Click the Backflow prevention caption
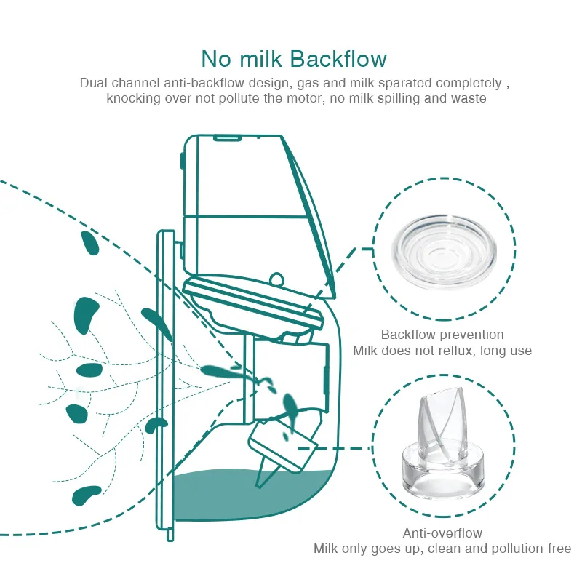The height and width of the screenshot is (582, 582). pos(442,335)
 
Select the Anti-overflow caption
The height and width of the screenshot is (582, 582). pos(442,533)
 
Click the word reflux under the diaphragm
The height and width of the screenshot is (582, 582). pos(458,351)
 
